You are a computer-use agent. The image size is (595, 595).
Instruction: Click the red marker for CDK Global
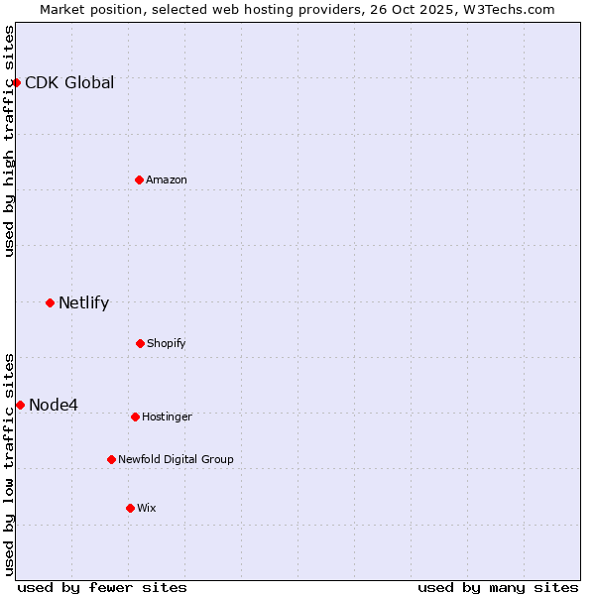tap(16, 82)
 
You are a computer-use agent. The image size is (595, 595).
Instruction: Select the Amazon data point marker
tap(139, 179)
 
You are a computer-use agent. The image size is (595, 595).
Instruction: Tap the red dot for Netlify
tap(50, 302)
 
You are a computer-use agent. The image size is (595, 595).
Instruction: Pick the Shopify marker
tap(140, 343)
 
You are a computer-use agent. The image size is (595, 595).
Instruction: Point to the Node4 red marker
tap(20, 405)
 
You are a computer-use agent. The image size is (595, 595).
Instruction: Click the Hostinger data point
tap(135, 416)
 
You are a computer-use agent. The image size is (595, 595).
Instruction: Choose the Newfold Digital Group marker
tap(111, 459)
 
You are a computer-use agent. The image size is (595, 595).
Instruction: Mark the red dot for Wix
tap(130, 508)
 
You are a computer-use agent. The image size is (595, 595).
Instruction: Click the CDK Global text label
tap(69, 82)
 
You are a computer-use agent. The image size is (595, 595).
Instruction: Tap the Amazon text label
tap(167, 179)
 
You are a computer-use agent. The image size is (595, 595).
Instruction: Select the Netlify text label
tap(83, 302)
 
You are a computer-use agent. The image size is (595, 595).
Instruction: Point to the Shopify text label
tap(167, 343)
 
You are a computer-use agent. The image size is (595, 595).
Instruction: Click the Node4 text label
tap(54, 405)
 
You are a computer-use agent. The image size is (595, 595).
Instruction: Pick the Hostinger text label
tap(167, 416)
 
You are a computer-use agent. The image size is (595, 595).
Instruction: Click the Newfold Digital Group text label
tap(176, 459)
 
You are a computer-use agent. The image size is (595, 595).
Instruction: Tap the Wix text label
tap(147, 508)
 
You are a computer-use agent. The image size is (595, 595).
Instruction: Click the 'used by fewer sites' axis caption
tap(102, 587)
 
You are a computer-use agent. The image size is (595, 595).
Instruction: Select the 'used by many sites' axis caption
tap(498, 587)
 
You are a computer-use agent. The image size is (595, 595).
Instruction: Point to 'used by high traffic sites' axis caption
tap(9, 141)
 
